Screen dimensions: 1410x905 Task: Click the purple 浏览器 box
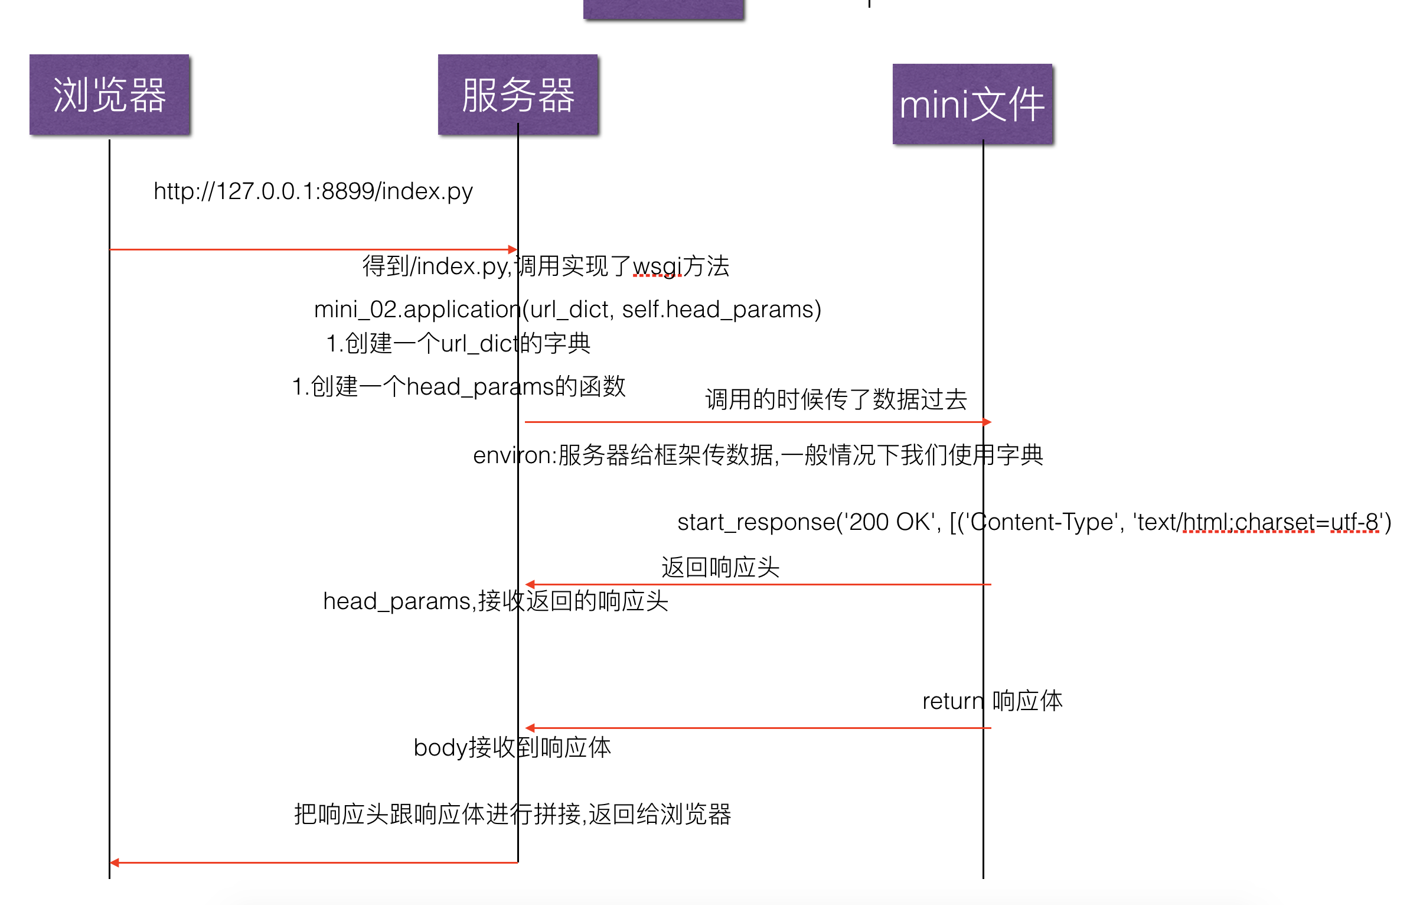pyautogui.click(x=109, y=95)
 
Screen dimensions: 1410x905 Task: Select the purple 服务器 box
pyautogui.click(x=518, y=95)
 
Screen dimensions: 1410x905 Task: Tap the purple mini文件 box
pyautogui.click(x=972, y=104)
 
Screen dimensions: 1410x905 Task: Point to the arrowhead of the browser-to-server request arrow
pyautogui.click(x=513, y=249)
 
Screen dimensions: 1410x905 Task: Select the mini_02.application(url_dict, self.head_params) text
pyautogui.click(x=567, y=310)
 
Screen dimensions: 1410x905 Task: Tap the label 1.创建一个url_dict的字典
pyautogui.click(x=458, y=343)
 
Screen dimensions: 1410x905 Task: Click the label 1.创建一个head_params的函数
pyautogui.click(x=459, y=387)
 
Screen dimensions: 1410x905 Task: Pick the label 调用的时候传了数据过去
pyautogui.click(x=836, y=399)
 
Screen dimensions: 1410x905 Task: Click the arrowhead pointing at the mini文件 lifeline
pyautogui.click(x=987, y=422)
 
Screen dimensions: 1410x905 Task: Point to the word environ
pyautogui.click(x=513, y=455)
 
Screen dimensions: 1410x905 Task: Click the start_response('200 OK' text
pyautogui.click(x=809, y=522)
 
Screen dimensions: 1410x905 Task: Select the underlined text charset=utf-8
pyautogui.click(x=1307, y=522)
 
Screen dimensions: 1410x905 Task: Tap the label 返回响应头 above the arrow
pyautogui.click(x=720, y=567)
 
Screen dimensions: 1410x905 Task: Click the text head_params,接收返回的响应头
pyautogui.click(x=495, y=601)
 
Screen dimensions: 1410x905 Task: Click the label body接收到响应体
pyautogui.click(x=512, y=748)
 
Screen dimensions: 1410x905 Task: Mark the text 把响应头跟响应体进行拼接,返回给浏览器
pyautogui.click(x=513, y=815)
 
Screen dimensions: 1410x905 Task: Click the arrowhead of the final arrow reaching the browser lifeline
pyautogui.click(x=115, y=863)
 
